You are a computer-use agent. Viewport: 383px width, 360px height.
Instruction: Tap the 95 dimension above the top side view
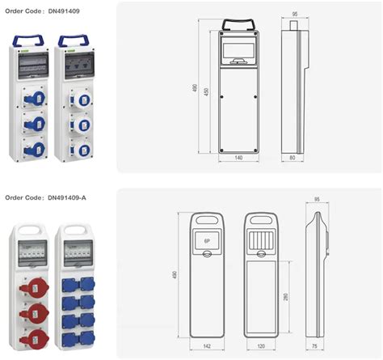click(x=295, y=14)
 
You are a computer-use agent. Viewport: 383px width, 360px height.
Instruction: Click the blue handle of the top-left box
click(x=29, y=36)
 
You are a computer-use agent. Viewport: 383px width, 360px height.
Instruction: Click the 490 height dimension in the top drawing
click(x=195, y=87)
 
